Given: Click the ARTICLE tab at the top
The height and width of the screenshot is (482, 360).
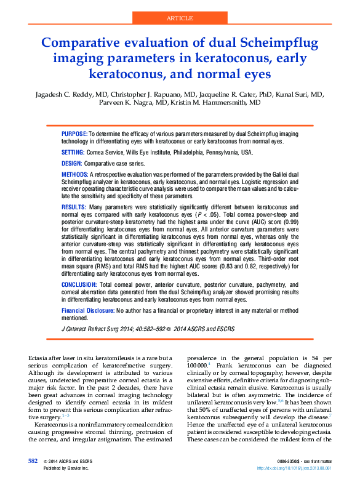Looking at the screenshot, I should click(x=180, y=18).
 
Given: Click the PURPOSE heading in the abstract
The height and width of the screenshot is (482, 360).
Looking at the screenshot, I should click(x=74, y=134).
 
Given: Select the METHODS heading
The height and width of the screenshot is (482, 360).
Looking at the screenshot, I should click(x=75, y=175).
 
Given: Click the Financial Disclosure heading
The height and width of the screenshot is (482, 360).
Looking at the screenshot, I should click(x=87, y=311).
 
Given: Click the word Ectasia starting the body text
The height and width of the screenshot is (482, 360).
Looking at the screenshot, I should click(x=41, y=358).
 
